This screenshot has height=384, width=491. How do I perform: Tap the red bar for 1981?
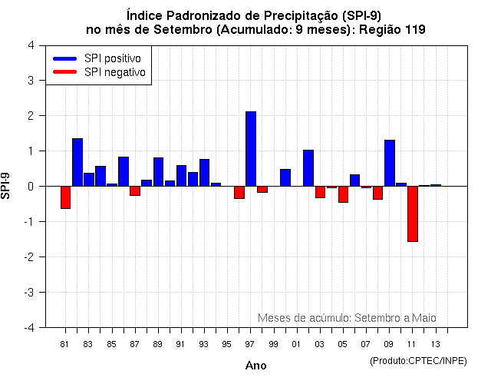point(65,197)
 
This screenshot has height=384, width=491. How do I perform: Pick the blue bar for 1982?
point(77,162)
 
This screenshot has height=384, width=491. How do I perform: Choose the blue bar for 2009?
point(389,163)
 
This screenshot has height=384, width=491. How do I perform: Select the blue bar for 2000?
point(285,177)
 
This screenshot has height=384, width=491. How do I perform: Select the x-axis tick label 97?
point(250,343)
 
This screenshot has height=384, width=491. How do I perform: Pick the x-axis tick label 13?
point(435,343)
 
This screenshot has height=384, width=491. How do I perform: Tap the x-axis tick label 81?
point(65,343)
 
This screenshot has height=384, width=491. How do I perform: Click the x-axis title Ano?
point(255,366)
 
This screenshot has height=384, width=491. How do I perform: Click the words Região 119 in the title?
point(392,29)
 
